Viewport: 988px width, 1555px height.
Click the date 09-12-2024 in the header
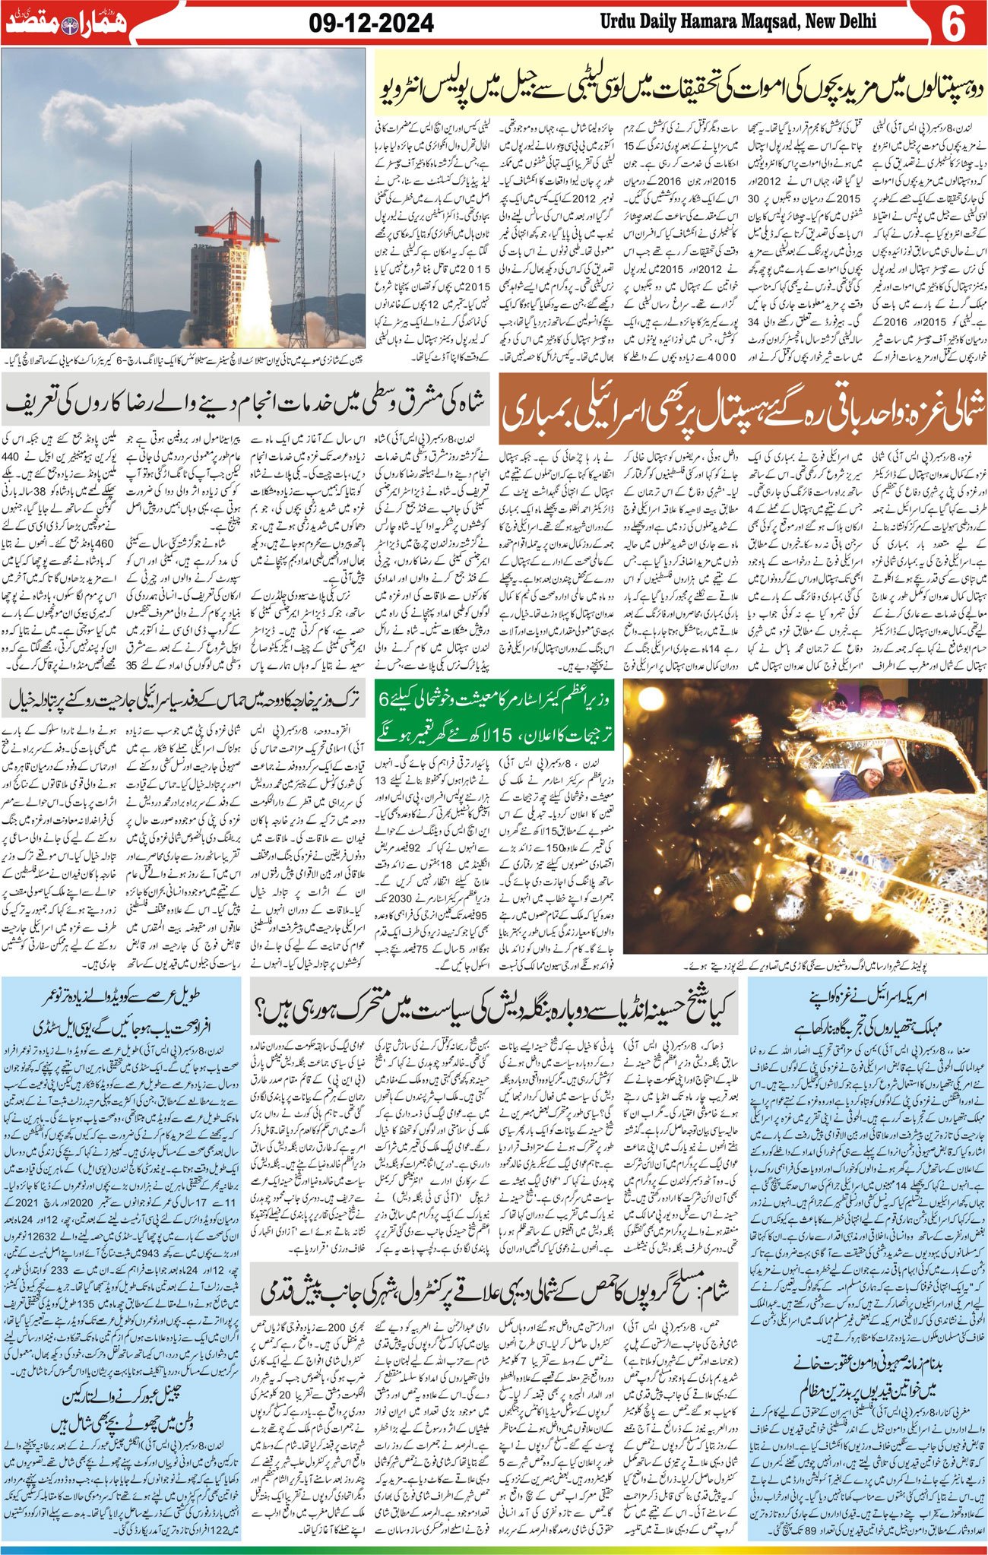pyautogui.click(x=372, y=24)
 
